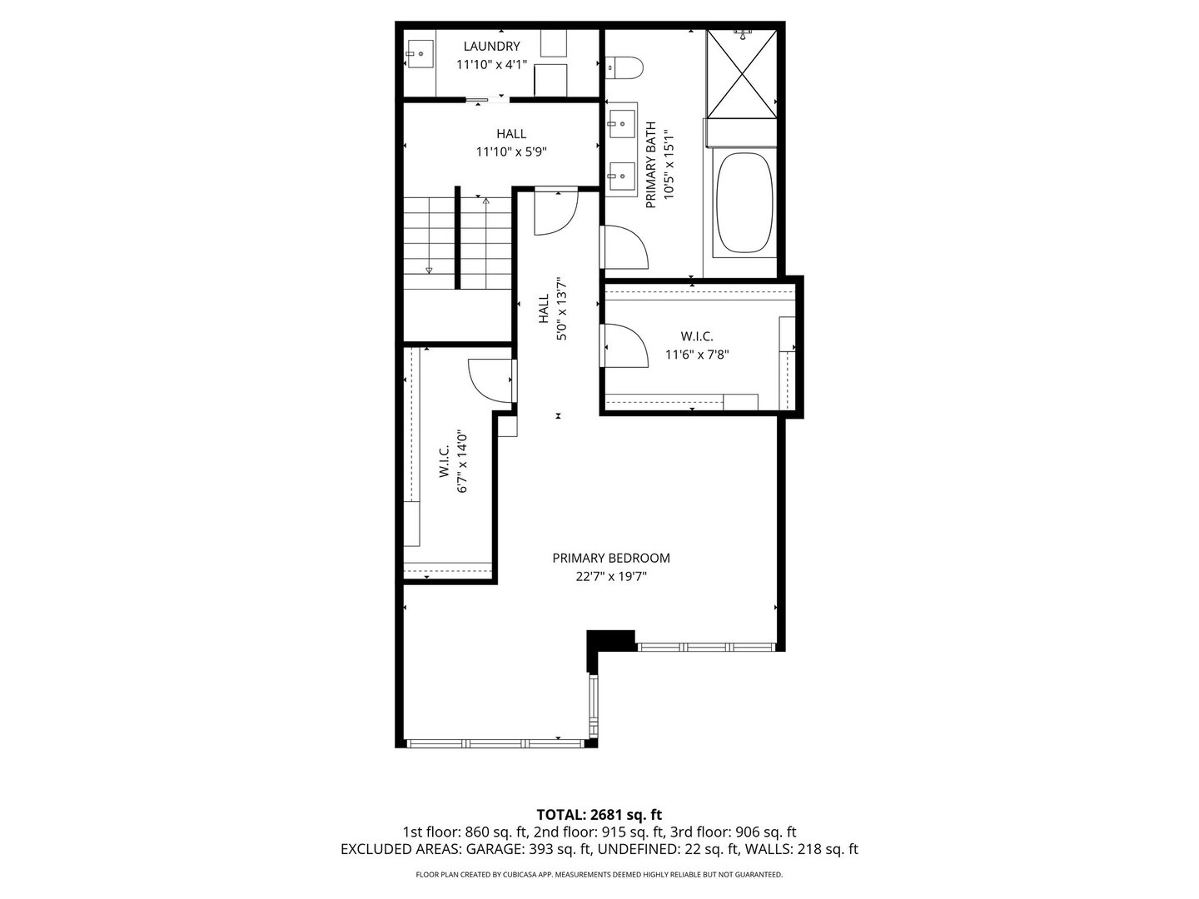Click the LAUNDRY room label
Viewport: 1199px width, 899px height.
click(491, 47)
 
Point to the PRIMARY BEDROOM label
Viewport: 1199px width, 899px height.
click(611, 559)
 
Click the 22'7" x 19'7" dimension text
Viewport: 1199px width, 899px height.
click(611, 576)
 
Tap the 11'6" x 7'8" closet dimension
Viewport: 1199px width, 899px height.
click(697, 354)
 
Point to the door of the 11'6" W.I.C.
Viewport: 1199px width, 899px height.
click(624, 345)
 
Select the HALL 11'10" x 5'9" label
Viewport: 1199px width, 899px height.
click(510, 142)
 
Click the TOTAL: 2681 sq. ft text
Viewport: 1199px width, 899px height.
click(599, 814)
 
